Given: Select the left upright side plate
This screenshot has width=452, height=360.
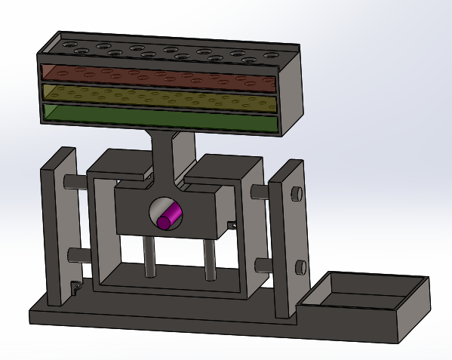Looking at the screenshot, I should tap(60, 226).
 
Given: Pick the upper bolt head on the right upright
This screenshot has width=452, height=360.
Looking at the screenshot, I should tap(297, 193).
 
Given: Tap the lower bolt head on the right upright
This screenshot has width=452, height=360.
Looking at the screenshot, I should tap(300, 266).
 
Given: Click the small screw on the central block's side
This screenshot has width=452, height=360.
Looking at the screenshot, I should tap(232, 224).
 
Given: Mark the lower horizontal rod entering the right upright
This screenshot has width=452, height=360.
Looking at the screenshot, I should tap(263, 263).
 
